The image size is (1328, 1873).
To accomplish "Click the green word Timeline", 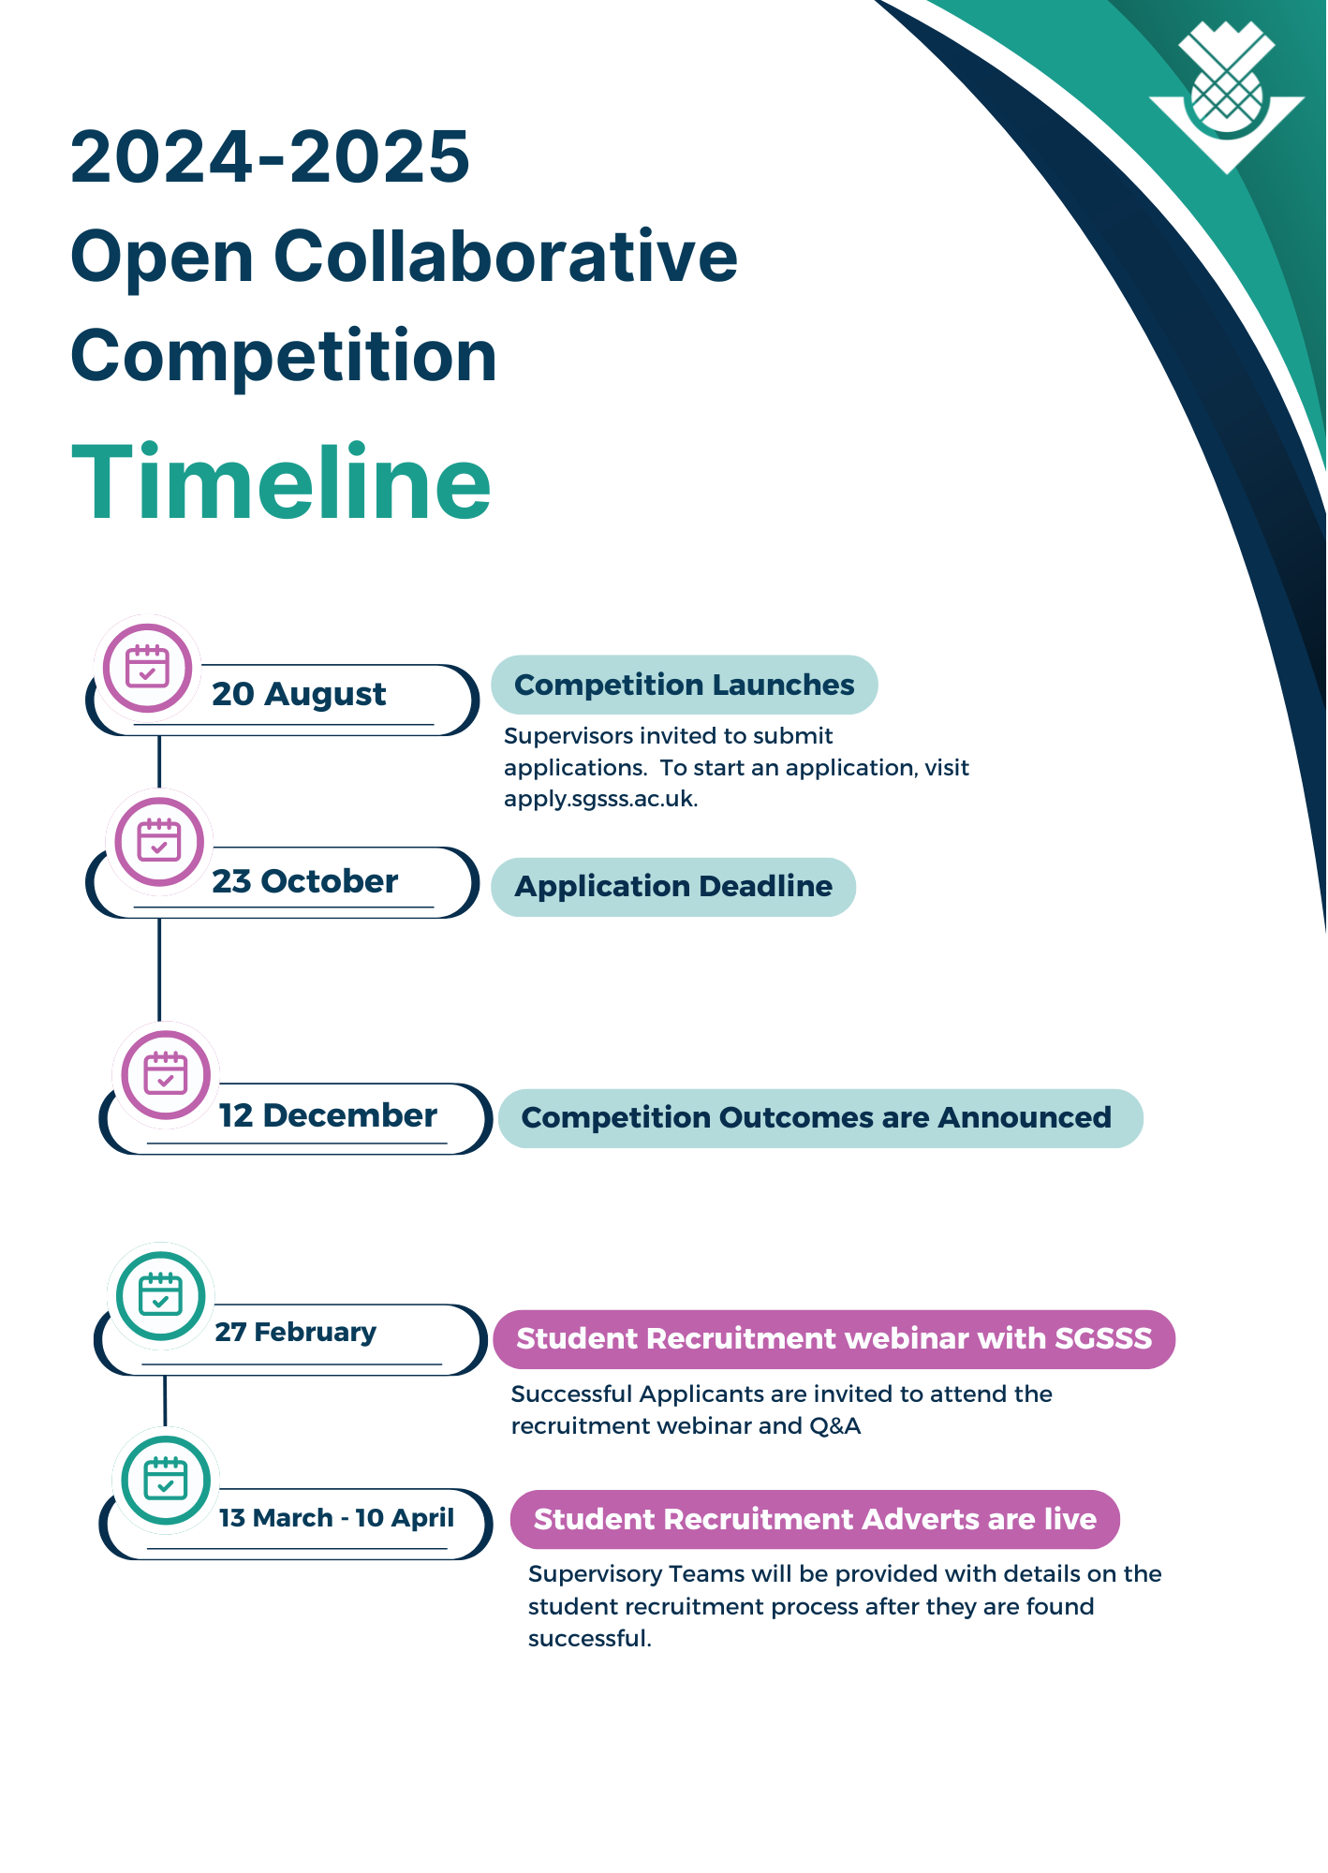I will tap(281, 483).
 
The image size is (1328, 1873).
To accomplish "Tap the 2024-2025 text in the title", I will tap(270, 157).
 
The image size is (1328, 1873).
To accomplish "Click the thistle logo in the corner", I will tap(1226, 97).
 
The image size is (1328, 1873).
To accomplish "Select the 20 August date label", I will tap(299, 694).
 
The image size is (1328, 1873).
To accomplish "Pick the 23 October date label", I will tap(304, 881).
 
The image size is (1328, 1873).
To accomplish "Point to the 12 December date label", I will tap(328, 1115).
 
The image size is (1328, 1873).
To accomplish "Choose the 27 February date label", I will tap(296, 1332).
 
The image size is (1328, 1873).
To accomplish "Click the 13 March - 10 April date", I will tap(336, 1517).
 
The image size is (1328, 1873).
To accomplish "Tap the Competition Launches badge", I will tap(684, 685).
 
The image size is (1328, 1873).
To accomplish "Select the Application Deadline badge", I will tap(673, 886).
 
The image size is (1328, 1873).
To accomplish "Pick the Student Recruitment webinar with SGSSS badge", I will tap(834, 1338).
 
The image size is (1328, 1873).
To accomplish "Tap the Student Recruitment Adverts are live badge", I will tap(815, 1518).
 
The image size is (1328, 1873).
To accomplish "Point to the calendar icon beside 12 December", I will tap(166, 1074).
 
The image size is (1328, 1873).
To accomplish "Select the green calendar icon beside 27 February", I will tap(161, 1295).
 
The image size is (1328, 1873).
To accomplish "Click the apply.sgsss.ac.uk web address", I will tap(600, 799).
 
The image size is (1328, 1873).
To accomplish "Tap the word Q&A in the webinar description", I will tap(835, 1425).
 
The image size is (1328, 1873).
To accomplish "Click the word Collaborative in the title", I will tap(505, 257).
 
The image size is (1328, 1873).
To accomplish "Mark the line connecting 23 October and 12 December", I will tap(159, 969).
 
